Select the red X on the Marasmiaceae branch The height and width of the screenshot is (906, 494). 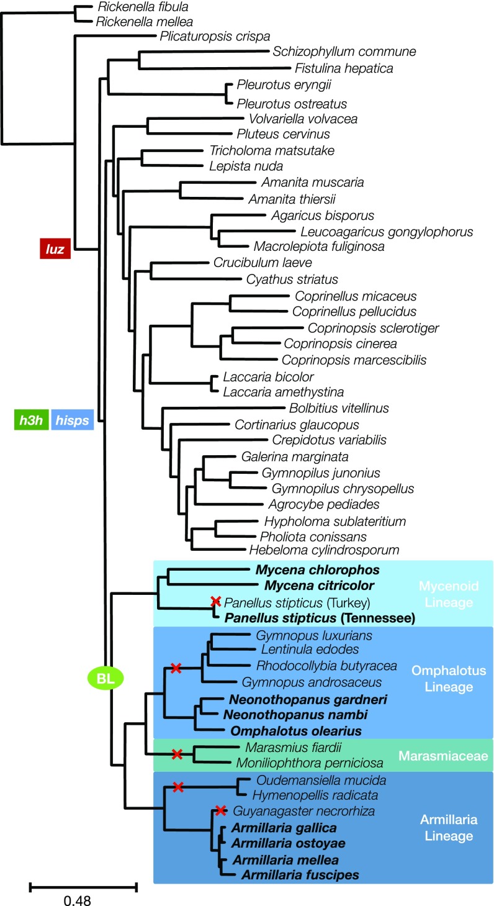[x=176, y=754]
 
